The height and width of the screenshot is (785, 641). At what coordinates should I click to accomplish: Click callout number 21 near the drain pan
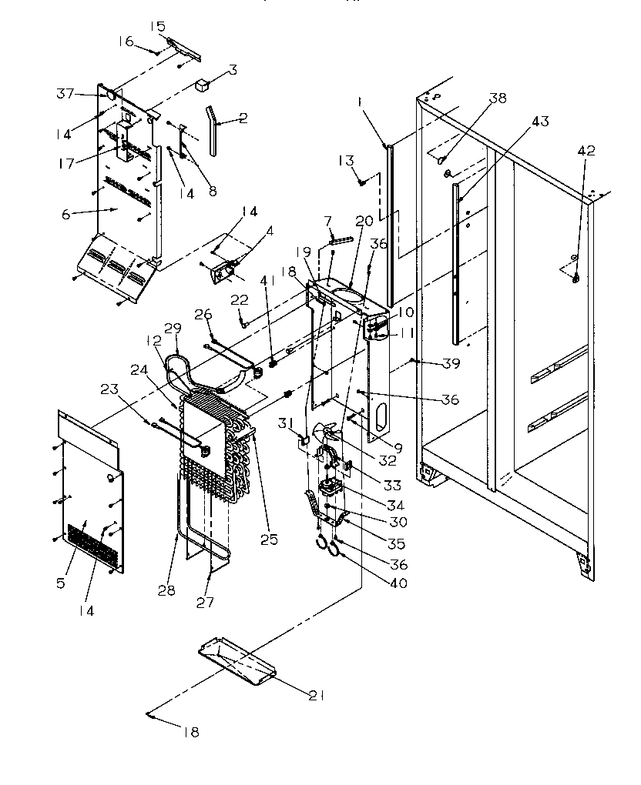(x=316, y=696)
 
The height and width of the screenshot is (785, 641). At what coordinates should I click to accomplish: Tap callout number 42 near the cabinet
(x=586, y=152)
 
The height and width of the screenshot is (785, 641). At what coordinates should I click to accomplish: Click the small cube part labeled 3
(x=203, y=85)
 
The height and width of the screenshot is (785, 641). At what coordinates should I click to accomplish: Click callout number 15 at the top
(x=157, y=26)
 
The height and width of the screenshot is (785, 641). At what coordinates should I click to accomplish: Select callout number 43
(x=540, y=121)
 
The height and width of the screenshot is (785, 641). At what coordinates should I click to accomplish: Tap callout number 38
(x=499, y=98)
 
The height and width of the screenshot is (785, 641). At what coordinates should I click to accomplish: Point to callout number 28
(x=166, y=590)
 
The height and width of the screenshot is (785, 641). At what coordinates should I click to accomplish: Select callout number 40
(x=399, y=583)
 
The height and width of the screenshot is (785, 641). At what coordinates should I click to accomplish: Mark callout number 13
(x=346, y=160)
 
